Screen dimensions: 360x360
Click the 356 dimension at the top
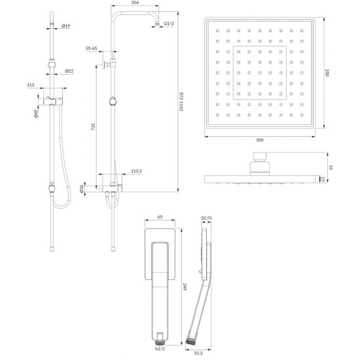click(135, 3)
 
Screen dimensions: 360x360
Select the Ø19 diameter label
click(65, 26)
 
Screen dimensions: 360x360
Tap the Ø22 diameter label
click(69, 71)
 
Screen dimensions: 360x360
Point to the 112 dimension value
click(31, 85)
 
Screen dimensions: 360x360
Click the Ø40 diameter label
click(36, 114)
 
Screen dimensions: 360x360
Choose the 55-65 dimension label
click(91, 48)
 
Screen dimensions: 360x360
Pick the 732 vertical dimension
click(93, 127)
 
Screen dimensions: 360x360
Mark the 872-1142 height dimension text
click(181, 101)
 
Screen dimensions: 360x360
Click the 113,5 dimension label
click(136, 171)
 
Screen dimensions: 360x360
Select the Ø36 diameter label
click(82, 189)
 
